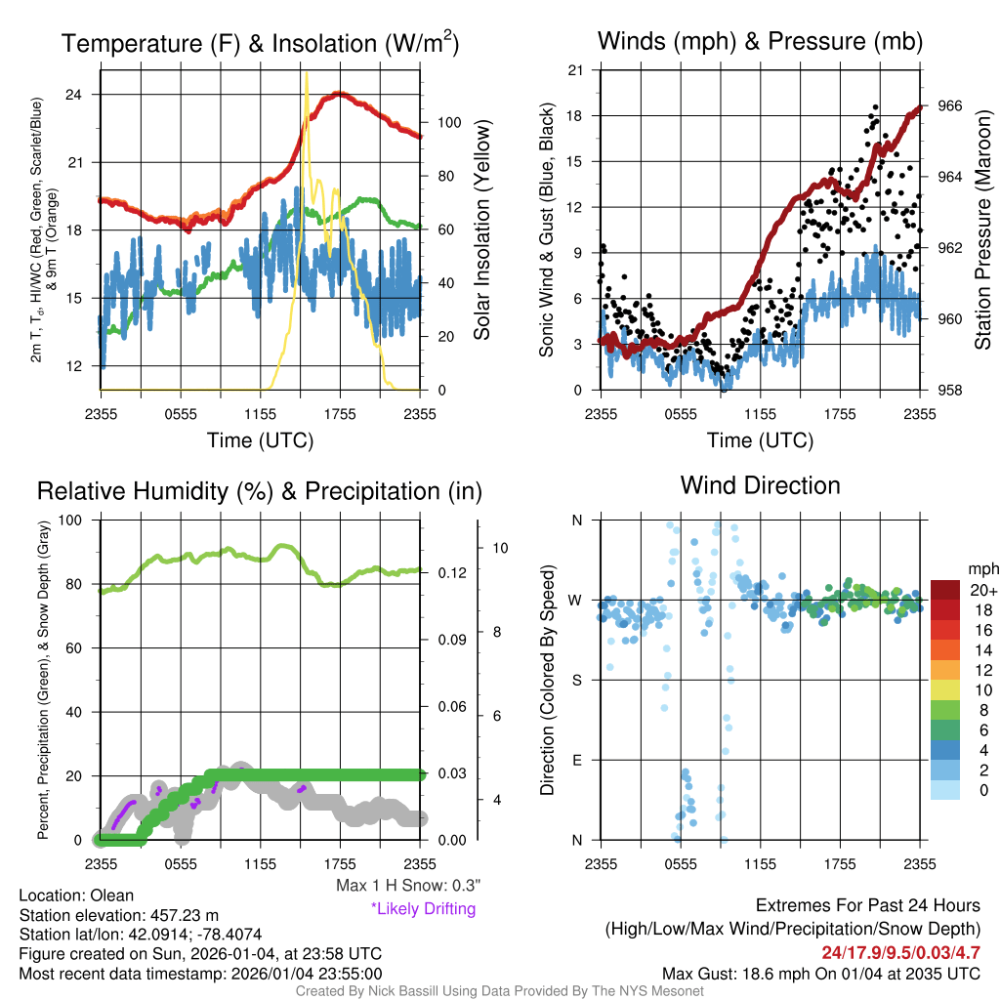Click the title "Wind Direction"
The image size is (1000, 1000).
click(760, 485)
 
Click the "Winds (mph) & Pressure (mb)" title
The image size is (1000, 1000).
click(760, 41)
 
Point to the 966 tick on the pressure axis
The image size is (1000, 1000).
click(950, 105)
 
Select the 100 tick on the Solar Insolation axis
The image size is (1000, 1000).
click(449, 123)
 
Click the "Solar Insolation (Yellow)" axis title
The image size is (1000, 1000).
click(482, 229)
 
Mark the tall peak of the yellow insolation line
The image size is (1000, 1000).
click(307, 72)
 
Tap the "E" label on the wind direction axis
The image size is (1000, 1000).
click(575, 760)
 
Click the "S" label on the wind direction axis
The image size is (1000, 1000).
click(575, 680)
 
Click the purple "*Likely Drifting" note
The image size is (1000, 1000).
click(423, 909)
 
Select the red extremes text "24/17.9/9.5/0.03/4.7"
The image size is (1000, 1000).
click(900, 952)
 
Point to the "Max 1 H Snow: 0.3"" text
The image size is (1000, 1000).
click(407, 887)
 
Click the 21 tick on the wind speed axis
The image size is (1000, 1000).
click(575, 70)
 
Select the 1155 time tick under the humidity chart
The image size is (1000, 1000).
click(260, 863)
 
